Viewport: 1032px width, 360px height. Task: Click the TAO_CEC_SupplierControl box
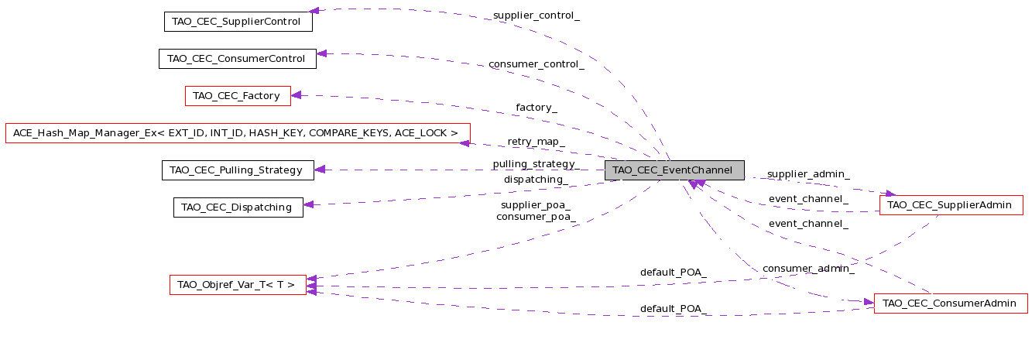238,22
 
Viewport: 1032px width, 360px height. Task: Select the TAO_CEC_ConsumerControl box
238,59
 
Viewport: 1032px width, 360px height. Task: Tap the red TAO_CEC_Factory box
238,96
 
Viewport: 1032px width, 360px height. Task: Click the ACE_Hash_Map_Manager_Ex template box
238,133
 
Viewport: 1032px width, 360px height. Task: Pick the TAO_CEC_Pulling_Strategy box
238,170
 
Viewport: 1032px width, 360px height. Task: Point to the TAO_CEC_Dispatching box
238,207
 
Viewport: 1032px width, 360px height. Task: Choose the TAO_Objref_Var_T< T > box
238,285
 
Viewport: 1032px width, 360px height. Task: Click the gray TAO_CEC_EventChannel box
674,170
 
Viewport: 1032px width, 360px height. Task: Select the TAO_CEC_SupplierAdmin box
951,205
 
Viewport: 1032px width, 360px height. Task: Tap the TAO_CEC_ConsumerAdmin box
951,303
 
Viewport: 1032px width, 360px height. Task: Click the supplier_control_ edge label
537,15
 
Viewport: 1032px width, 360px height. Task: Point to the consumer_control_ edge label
537,64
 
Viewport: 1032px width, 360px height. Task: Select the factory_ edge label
537,108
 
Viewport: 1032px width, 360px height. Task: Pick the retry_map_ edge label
537,142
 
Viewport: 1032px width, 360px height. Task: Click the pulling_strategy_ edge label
537,164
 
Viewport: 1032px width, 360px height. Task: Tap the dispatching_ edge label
537,180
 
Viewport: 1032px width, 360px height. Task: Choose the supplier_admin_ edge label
808,173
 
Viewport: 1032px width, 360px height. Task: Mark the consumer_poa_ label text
537,217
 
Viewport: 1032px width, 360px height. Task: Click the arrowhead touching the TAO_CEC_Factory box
297,95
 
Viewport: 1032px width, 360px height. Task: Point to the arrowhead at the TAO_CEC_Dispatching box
309,204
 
